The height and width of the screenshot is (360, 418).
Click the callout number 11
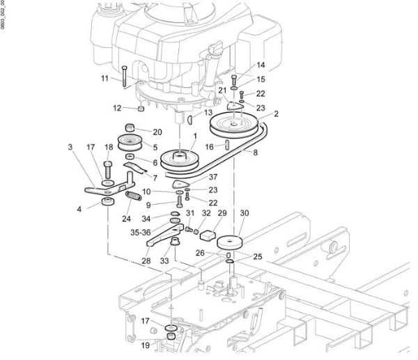tap(104, 79)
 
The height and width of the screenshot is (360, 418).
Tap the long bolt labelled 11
tap(123, 76)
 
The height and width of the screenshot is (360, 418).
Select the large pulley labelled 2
tap(235, 125)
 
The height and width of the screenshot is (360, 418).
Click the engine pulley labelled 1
tap(180, 159)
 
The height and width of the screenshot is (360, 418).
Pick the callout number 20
tap(157, 132)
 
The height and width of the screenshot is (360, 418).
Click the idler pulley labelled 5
tap(130, 143)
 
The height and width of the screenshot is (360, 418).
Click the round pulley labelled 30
tap(231, 244)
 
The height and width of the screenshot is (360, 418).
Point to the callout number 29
tap(222, 213)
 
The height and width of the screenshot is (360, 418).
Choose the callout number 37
tap(213, 177)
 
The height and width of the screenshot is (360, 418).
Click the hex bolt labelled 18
tap(108, 169)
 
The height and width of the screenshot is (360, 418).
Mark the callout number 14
tap(261, 65)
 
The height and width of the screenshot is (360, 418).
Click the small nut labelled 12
tap(141, 108)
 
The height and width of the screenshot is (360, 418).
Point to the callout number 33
tap(165, 261)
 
